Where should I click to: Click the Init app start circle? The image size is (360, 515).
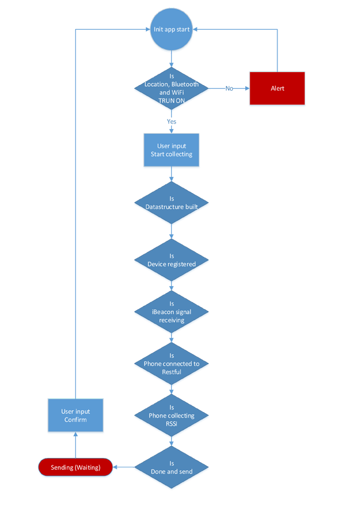pyautogui.click(x=171, y=29)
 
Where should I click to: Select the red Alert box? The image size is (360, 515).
pyautogui.click(x=277, y=88)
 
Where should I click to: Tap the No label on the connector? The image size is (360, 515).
pyautogui.click(x=229, y=88)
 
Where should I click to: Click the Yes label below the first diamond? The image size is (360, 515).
pyautogui.click(x=171, y=122)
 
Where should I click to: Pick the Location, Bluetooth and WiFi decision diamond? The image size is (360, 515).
pyautogui.click(x=171, y=88)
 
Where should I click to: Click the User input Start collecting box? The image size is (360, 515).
pyautogui.click(x=171, y=150)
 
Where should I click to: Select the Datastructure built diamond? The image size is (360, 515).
pyautogui.click(x=171, y=203)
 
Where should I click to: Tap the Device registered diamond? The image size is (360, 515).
pyautogui.click(x=171, y=260)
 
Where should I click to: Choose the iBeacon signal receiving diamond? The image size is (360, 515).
pyautogui.click(x=171, y=311)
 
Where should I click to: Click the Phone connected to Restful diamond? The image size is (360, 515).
pyautogui.click(x=171, y=364)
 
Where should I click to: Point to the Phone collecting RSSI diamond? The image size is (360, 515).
pyautogui.click(x=171, y=416)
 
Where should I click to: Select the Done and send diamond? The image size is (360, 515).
pyautogui.click(x=171, y=467)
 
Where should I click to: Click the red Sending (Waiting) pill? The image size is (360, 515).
pyautogui.click(x=76, y=467)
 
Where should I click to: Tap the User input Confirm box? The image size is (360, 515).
pyautogui.click(x=76, y=415)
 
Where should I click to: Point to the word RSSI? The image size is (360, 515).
pyautogui.click(x=171, y=424)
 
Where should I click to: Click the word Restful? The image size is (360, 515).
pyautogui.click(x=171, y=372)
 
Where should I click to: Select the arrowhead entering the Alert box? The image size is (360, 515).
pyautogui.click(x=247, y=88)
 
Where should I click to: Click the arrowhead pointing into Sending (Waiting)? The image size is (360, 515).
pyautogui.click(x=115, y=467)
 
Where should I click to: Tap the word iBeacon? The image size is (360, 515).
pyautogui.click(x=161, y=312)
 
